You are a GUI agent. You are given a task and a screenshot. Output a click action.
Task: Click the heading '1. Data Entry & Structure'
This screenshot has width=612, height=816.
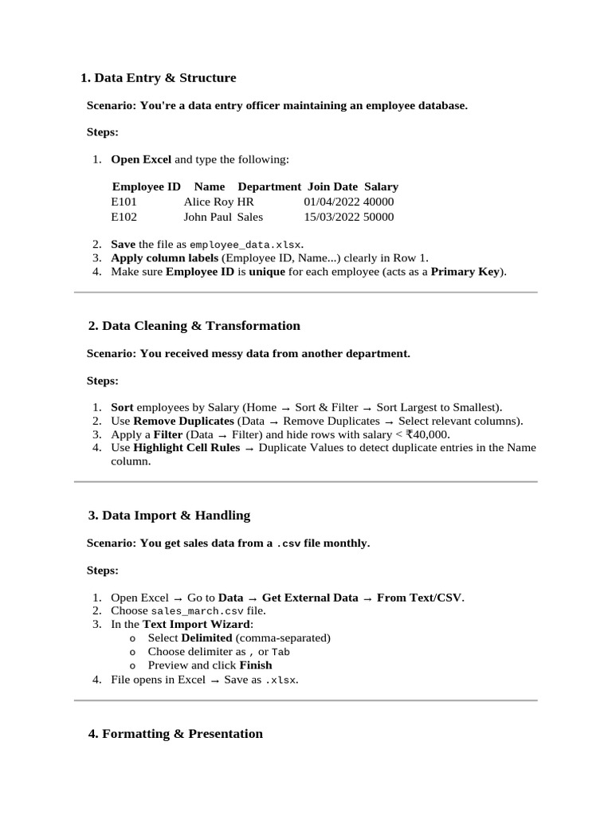click(x=159, y=78)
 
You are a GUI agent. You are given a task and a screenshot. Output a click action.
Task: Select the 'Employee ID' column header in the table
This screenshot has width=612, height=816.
click(x=146, y=186)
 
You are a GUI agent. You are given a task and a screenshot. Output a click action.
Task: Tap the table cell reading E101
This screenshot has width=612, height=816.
click(x=124, y=202)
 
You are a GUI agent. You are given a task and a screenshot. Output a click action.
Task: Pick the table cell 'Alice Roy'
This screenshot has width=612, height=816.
click(x=208, y=202)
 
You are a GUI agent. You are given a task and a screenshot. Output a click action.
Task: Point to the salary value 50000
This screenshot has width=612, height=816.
click(x=379, y=217)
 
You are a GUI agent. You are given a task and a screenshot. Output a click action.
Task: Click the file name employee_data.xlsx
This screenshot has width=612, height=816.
click(x=245, y=245)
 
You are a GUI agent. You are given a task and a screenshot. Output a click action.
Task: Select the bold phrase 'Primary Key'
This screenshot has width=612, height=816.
click(x=465, y=272)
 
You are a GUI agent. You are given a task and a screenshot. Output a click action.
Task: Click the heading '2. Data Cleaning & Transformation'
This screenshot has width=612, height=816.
click(x=194, y=326)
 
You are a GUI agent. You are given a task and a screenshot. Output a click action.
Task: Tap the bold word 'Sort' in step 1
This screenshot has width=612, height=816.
click(x=122, y=407)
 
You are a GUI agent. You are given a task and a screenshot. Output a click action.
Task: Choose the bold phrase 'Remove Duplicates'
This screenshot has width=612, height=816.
click(x=183, y=421)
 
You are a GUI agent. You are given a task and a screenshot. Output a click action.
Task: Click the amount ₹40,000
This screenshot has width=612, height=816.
click(x=427, y=434)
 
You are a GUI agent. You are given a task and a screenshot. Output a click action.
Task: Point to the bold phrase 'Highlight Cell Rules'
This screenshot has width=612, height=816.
click(x=186, y=448)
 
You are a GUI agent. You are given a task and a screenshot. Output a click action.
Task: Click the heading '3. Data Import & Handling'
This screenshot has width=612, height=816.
click(x=169, y=516)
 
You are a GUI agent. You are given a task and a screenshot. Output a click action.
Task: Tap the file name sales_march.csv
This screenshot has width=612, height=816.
click(x=197, y=611)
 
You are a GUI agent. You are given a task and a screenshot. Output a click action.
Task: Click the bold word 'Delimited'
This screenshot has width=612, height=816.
click(x=206, y=638)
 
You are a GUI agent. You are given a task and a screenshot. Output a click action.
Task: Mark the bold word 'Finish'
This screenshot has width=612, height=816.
click(x=256, y=665)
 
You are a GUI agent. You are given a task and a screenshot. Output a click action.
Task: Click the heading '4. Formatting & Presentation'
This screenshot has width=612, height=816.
click(x=175, y=734)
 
